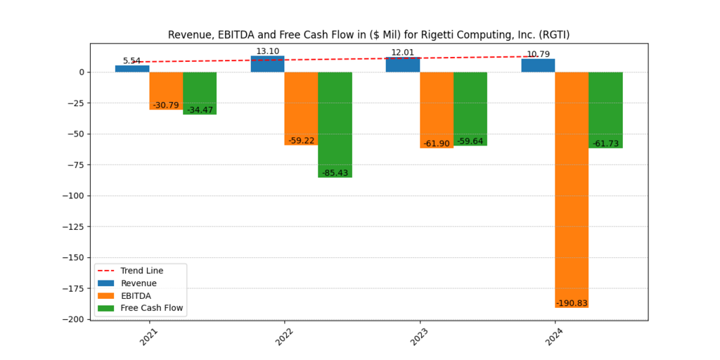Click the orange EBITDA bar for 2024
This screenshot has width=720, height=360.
[x=572, y=190]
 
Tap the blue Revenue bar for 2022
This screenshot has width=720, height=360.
[x=267, y=64]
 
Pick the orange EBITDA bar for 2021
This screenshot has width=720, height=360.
[x=166, y=91]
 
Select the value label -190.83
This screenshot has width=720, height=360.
[x=572, y=303]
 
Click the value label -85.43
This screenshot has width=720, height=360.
[x=335, y=173]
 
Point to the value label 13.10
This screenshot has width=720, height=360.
[x=267, y=51]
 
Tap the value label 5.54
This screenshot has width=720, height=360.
[x=132, y=61]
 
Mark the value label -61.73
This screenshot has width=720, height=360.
[x=605, y=143]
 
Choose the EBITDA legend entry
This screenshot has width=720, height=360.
[x=136, y=295]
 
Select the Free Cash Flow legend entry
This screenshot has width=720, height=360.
[x=151, y=308]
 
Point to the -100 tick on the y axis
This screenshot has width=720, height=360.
[x=75, y=195]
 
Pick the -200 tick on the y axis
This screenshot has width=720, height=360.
[x=75, y=319]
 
